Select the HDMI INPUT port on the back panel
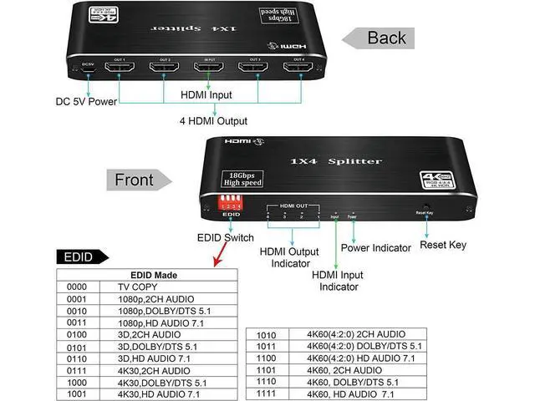pos(206,69)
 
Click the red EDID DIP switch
pos(229,202)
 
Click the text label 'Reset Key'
pos(443,246)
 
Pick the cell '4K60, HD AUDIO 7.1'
pos(351,393)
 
